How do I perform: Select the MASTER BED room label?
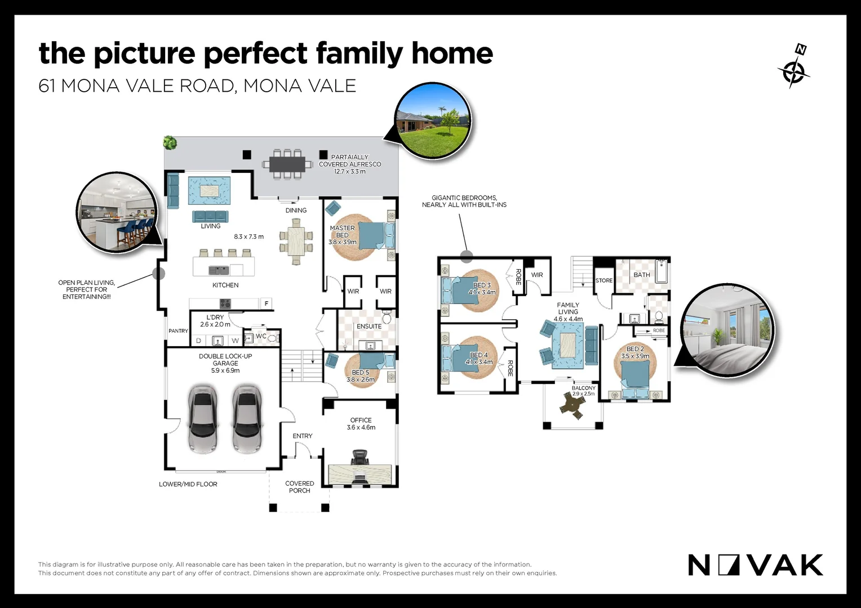[x=342, y=231]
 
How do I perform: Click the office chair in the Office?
[x=360, y=457]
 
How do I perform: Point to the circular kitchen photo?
[x=117, y=212]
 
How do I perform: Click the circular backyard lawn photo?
[x=433, y=120]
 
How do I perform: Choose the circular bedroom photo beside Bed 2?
[x=727, y=330]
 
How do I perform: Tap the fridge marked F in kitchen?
[x=267, y=303]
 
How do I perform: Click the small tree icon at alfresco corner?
[x=170, y=142]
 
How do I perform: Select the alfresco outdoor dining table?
[x=287, y=164]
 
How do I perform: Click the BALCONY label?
[x=583, y=388]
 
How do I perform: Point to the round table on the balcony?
[x=573, y=405]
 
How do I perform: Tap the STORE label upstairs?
[x=604, y=280]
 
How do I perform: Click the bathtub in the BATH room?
[x=661, y=271]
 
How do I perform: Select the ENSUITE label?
[x=369, y=326]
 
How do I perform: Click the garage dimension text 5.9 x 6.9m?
[x=225, y=370]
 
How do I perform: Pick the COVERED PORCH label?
[x=299, y=487]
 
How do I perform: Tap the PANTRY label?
[x=179, y=330]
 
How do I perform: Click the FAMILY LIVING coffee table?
[x=568, y=345]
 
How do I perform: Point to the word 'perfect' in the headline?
[x=255, y=54]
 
